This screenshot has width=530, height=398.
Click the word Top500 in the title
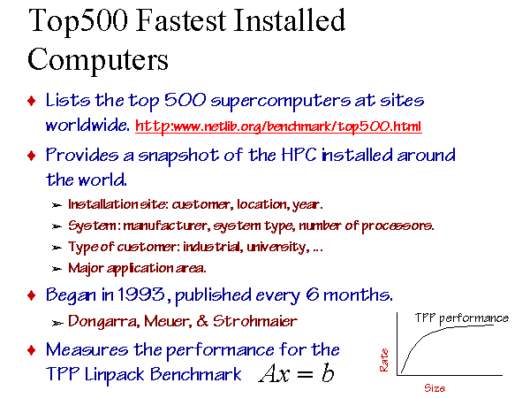[79, 22]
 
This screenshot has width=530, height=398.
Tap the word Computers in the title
[98, 60]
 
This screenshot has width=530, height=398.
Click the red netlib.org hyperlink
[278, 126]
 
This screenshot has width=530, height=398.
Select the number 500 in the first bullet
[185, 100]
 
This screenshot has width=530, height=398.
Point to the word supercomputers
[281, 101]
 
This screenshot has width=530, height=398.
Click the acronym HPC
[299, 155]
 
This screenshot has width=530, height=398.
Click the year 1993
[141, 295]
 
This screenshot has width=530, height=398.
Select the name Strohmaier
[255, 321]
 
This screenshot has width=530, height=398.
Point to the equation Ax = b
[297, 374]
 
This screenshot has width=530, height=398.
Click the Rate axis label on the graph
[384, 361]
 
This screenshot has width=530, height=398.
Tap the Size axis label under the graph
[435, 388]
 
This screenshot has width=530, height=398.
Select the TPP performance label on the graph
[462, 318]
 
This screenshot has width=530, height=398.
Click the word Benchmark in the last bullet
[196, 374]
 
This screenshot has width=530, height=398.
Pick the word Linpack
[113, 375]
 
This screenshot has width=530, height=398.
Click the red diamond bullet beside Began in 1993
[32, 295]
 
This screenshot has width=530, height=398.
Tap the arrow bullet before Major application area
[57, 269]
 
